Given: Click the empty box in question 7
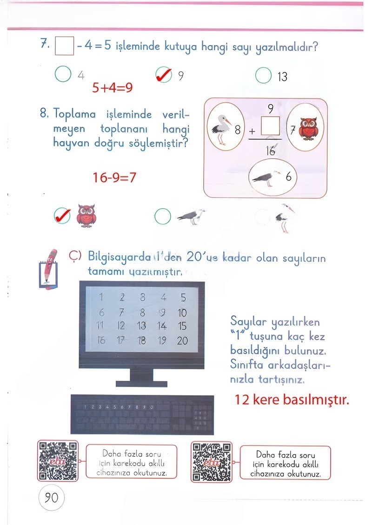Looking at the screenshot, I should click(x=64, y=46).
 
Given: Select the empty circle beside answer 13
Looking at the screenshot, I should click(x=263, y=75).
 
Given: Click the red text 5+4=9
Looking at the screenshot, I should click(x=112, y=88).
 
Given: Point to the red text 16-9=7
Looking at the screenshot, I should click(x=115, y=177).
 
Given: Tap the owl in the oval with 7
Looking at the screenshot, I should click(x=308, y=129).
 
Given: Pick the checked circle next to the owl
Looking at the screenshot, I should click(x=62, y=215).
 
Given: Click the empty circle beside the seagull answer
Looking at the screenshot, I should click(x=162, y=216).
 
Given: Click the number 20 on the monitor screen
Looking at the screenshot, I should click(x=182, y=341).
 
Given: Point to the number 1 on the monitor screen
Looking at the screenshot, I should click(x=101, y=298).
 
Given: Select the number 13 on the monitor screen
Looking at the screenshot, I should click(x=141, y=326).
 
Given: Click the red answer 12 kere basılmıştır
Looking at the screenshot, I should click(x=292, y=400).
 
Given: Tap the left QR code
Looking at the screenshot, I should click(x=58, y=461).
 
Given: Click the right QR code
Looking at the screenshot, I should click(x=212, y=461).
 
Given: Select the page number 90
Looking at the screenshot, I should click(x=51, y=498).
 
